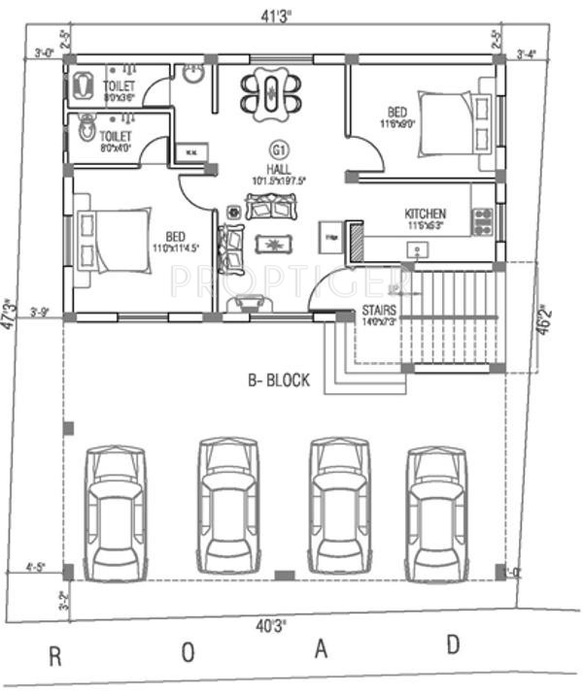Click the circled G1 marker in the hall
(279, 149)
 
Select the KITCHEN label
(425, 214)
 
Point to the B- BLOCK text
(277, 380)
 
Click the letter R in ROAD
(55, 656)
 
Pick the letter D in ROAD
(453, 643)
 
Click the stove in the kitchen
(482, 221)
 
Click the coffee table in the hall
(274, 244)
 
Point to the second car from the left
(228, 507)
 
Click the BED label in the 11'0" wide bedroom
(175, 236)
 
